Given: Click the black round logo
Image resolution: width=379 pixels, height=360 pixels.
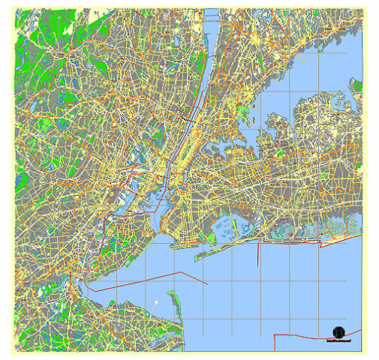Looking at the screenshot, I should coord(338,331).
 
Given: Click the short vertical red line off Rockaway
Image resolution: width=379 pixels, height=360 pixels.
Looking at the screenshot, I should coord(258,255).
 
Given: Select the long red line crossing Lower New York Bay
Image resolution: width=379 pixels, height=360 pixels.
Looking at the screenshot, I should coord(150,277).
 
